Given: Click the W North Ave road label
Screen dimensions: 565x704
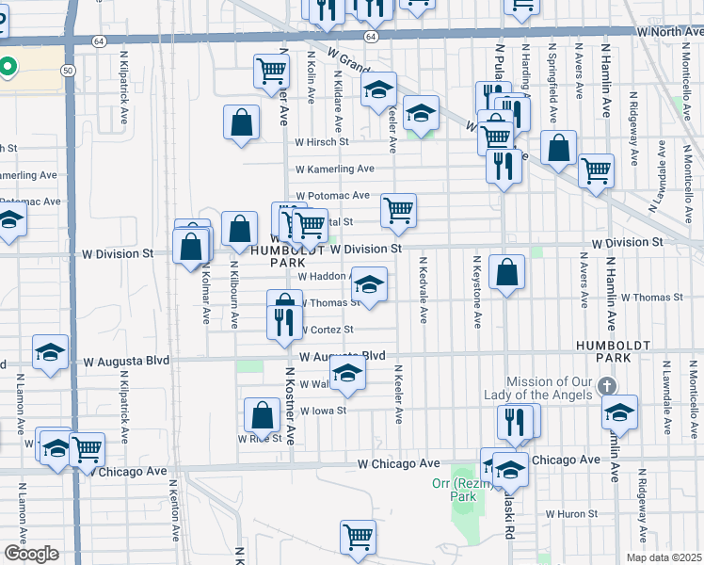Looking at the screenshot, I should (670, 31).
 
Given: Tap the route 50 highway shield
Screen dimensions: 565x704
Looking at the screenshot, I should (68, 71).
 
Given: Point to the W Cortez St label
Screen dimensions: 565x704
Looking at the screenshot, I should (327, 330).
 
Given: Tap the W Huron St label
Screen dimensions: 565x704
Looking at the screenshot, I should (571, 514).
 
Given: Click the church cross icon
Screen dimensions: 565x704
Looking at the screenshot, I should (607, 386).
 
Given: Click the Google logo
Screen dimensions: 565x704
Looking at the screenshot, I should (30, 554).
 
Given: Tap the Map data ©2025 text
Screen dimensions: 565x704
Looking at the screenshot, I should (664, 557).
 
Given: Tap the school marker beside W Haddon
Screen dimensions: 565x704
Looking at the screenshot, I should (370, 285).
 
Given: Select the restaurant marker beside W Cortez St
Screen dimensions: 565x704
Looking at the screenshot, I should (283, 323).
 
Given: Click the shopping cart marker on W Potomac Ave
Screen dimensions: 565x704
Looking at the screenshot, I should (399, 210).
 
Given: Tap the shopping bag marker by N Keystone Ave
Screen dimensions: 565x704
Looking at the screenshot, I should (506, 273).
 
